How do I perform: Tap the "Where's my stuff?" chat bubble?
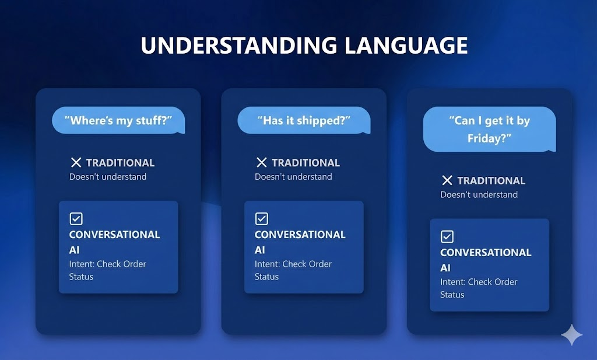pyautogui.click(x=118, y=121)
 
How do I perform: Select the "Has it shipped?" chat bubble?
pyautogui.click(x=304, y=121)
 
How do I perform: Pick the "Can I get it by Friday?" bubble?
pyautogui.click(x=489, y=130)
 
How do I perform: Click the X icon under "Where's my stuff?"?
pyautogui.click(x=76, y=163)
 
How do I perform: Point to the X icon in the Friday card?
pyautogui.click(x=447, y=181)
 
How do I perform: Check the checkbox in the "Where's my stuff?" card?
pyautogui.click(x=76, y=219)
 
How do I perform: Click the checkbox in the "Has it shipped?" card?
pyautogui.click(x=262, y=219)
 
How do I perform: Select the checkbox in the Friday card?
pyautogui.click(x=447, y=237)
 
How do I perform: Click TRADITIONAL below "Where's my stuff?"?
pyautogui.click(x=120, y=163)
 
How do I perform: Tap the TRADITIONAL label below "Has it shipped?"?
pyautogui.click(x=305, y=163)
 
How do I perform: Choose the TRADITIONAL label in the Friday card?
pyautogui.click(x=491, y=181)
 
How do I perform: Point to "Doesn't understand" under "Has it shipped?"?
pyautogui.click(x=293, y=177)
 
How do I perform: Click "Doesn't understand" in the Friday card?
pyautogui.click(x=479, y=195)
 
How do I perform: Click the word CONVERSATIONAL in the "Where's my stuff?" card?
pyautogui.click(x=114, y=235)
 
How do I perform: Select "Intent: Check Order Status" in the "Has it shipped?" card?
pyautogui.click(x=293, y=270)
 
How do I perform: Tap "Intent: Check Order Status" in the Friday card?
pyautogui.click(x=478, y=288)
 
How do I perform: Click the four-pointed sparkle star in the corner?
pyautogui.click(x=571, y=335)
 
